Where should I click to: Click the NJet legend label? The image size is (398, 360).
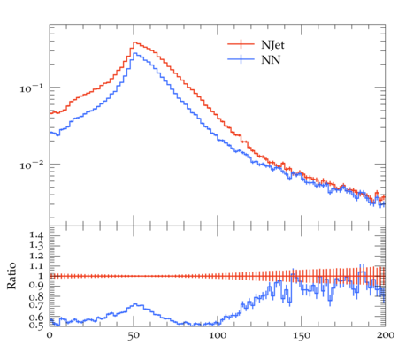pos(272,45)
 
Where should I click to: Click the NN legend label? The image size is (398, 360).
pos(271,60)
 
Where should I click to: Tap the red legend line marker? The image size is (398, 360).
pos(241,44)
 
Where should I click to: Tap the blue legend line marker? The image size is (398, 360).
pos(241,59)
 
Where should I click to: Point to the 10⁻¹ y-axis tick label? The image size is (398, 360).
pos(31,88)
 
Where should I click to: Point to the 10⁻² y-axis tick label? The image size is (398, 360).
pos(31,165)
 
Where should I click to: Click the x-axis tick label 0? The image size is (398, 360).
pos(50,335)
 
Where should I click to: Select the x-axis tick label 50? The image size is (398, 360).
pos(134,336)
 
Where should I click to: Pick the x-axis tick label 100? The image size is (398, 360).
pos(218,335)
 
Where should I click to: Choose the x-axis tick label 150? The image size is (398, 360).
pos(302,336)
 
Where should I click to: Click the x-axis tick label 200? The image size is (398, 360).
pos(386,335)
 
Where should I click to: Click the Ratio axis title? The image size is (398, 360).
pos(11,275)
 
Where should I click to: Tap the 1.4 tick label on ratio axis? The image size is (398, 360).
pos(36,235)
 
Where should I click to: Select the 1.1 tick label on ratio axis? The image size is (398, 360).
pos(36,266)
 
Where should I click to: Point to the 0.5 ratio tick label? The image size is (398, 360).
pos(36,326)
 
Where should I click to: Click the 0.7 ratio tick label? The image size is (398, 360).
pos(36,305)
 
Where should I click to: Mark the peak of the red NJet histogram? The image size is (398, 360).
pos(134,42)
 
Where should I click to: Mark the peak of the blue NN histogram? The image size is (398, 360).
pos(134,53)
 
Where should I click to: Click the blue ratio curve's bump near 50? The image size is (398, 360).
pos(135,304)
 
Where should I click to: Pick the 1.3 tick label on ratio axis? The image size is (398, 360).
pos(36,245)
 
